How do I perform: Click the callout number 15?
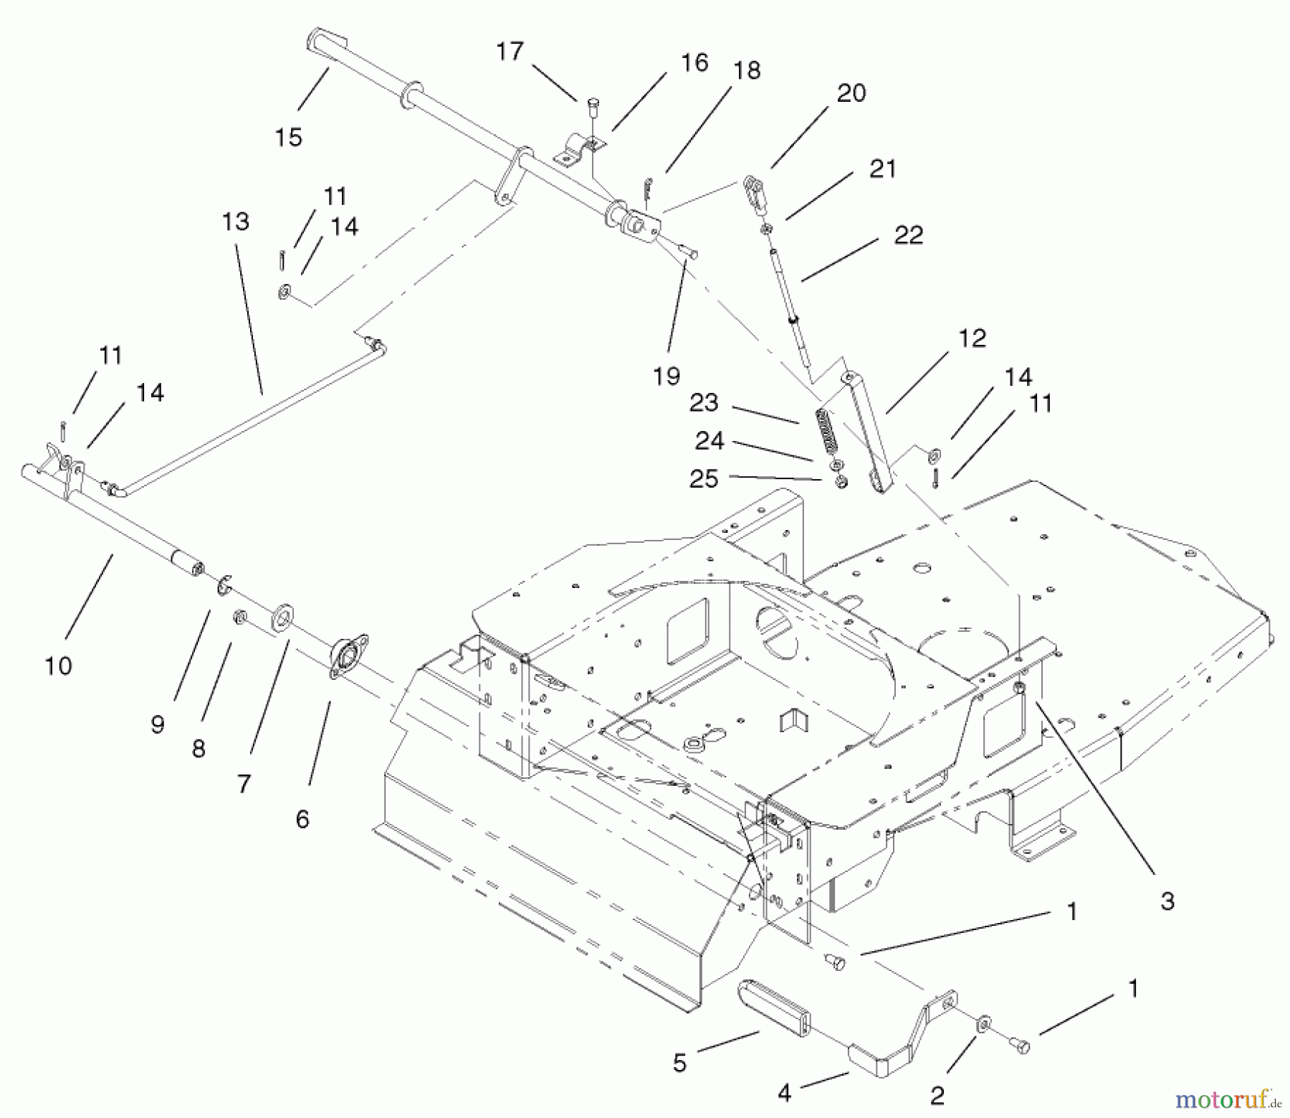pos(288,137)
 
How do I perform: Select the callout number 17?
pos(510,52)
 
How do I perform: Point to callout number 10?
pos(58,665)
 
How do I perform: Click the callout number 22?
pos(908,235)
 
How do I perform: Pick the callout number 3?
pos(1167,901)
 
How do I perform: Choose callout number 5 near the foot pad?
pos(679,1063)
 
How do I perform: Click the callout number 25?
pos(703,478)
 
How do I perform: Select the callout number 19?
pos(666,375)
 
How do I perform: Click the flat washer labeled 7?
pos(284,617)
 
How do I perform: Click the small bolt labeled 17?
pos(592,109)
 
